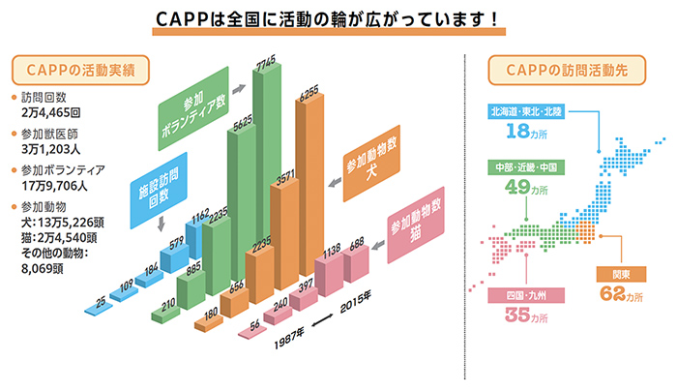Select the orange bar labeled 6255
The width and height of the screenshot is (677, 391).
tap(309, 185)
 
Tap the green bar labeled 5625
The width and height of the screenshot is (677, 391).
tap(242, 203)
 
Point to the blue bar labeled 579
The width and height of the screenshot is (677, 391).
tap(174, 258)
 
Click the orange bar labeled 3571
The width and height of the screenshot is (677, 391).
tap(284, 234)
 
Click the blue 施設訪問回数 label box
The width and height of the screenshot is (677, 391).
tap(159, 191)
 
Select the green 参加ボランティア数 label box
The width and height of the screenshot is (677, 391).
tap(193, 108)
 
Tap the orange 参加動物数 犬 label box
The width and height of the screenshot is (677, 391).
tap(371, 164)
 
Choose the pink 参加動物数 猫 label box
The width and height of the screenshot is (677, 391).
tap(416, 226)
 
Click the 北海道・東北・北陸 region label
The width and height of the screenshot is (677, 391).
tap(526, 111)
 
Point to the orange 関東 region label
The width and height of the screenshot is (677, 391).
tap(621, 274)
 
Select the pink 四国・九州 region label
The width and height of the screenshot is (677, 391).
tap(526, 295)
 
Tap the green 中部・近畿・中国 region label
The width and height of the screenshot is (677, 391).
tap(526, 167)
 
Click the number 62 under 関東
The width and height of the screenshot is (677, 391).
tap(612, 294)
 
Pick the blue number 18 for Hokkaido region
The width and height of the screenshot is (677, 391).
tap(517, 131)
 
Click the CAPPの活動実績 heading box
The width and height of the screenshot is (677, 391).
tap(80, 70)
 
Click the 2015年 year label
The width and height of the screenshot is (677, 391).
tap(355, 302)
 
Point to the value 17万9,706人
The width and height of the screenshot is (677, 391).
tap(54, 186)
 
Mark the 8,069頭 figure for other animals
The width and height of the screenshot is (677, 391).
tap(43, 269)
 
